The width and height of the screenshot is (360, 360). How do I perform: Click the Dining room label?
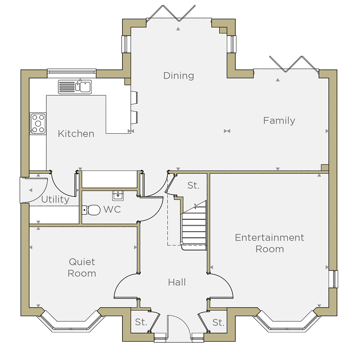[179, 76]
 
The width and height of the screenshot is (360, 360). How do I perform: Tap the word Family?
[279, 121]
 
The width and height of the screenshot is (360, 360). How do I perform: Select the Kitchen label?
[76, 134]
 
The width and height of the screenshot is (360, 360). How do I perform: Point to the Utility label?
[55, 199]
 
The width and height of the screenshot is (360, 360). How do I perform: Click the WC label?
[112, 210]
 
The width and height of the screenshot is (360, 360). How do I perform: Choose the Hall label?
[177, 282]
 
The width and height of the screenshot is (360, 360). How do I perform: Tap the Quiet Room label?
[82, 267]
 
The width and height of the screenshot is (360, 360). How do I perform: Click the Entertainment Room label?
[270, 243]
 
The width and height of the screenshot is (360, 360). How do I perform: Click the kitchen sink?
[75, 87]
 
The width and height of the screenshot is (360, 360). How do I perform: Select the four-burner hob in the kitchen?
[38, 123]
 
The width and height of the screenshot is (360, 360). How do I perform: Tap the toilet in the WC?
[91, 210]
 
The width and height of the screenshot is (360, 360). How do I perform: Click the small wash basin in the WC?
[118, 195]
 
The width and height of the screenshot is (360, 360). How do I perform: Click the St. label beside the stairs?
[193, 185]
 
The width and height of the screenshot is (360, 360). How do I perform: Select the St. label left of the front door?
[141, 322]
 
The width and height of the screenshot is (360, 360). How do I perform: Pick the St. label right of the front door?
[219, 323]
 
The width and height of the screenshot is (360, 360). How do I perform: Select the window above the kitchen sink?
[72, 71]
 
